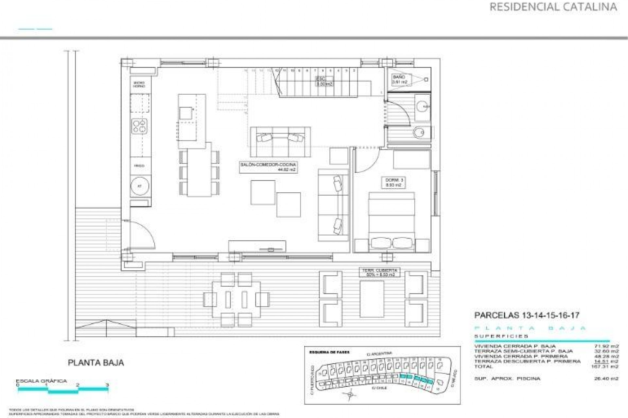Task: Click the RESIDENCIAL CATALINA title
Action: coord(553,7)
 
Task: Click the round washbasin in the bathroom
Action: coord(423,106)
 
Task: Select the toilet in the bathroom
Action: coord(419,133)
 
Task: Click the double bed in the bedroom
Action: coord(392,222)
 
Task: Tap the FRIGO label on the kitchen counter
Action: coord(139,166)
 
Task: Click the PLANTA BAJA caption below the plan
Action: coord(96,362)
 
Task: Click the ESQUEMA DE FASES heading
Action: coord(329,352)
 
